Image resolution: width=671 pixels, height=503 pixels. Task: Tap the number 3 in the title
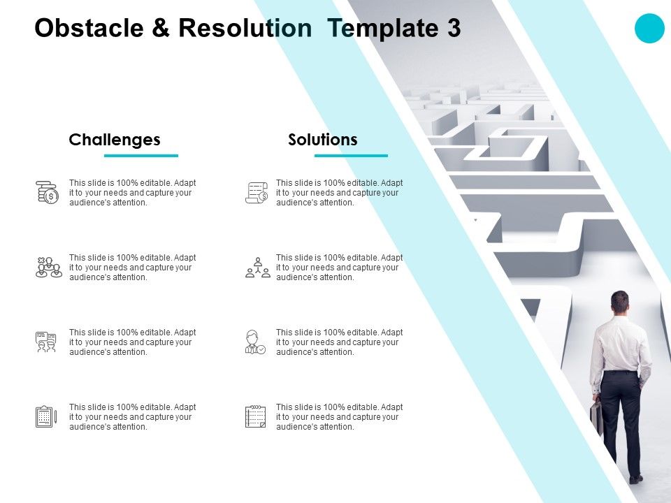point(453,28)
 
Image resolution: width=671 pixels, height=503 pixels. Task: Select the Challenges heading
point(115,140)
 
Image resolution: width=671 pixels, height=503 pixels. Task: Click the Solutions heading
point(323,140)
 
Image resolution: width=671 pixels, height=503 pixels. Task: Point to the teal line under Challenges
point(141,155)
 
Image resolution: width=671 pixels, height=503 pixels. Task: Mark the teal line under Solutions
point(351,155)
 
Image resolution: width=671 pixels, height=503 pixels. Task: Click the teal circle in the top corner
point(649,29)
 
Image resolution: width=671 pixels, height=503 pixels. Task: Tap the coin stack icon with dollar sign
point(48,192)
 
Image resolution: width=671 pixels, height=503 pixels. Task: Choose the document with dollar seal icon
point(257,192)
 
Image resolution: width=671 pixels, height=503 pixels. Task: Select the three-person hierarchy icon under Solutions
point(257,268)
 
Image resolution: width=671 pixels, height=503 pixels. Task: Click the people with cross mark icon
point(48,268)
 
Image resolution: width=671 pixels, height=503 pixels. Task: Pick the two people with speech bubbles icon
point(46,342)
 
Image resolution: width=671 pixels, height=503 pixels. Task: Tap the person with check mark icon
point(255,342)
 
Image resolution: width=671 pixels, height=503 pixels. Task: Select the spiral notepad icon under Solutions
point(255,416)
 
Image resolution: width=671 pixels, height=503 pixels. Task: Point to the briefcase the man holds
point(596,417)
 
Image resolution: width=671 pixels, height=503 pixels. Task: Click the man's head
point(619,302)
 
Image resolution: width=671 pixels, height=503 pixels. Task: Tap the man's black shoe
point(635,479)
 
